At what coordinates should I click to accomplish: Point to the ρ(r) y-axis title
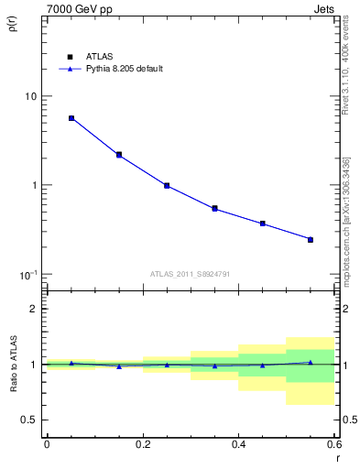point(12,26)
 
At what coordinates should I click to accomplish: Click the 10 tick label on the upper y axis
point(31,96)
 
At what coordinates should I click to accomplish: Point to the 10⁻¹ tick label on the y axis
point(27,275)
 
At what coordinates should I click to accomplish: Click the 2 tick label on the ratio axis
point(35,309)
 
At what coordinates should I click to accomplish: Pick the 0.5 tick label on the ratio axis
point(30,420)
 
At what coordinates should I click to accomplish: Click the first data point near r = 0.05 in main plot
point(71,118)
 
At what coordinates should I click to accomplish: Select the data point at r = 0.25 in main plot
point(167,185)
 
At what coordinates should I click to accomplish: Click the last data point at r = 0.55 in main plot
point(311,240)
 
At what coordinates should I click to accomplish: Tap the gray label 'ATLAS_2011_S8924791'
point(191,272)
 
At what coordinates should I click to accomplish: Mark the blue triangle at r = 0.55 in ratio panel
point(311,362)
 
